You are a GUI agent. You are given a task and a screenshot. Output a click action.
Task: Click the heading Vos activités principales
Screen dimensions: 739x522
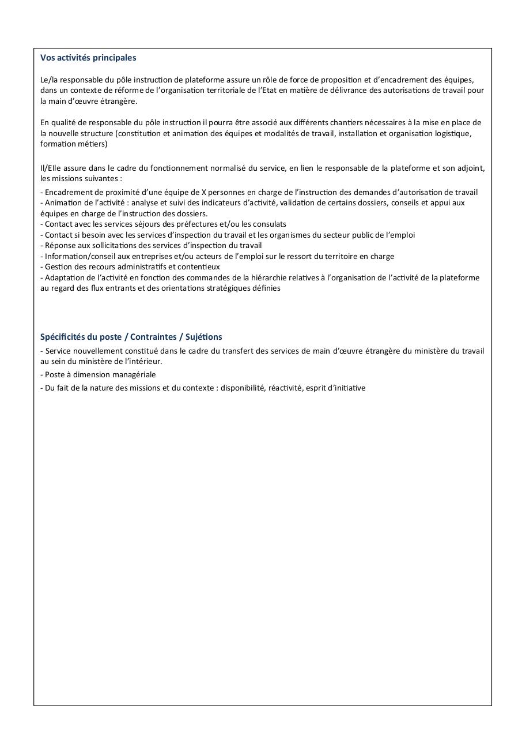88,58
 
